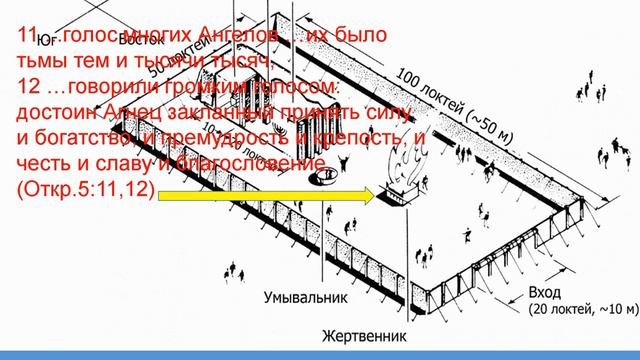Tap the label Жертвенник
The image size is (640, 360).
point(361,336)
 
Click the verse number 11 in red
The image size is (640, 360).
point(29,37)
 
